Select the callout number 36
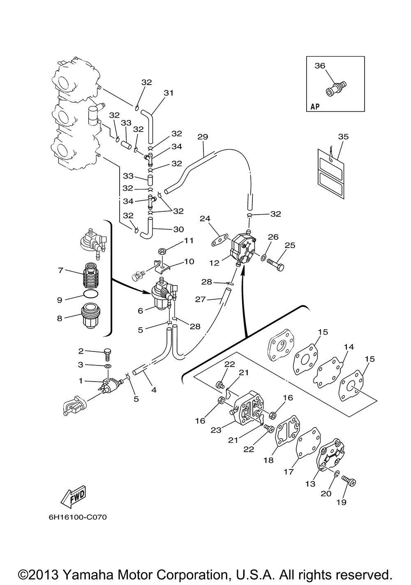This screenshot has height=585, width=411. (x=320, y=65)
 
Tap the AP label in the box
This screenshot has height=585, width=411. (x=314, y=106)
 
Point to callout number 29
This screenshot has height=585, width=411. (x=203, y=136)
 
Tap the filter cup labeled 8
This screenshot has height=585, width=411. (x=90, y=316)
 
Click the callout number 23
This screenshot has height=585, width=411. (x=216, y=430)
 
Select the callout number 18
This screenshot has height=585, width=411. (x=268, y=460)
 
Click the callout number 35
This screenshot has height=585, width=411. (x=343, y=136)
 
